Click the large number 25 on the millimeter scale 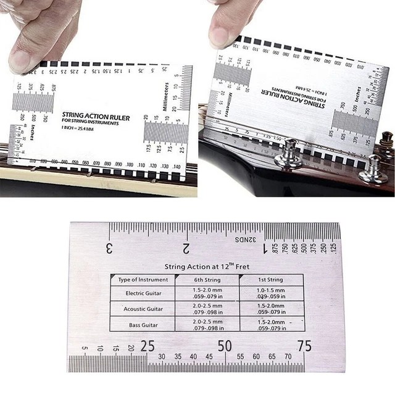[x=147, y=346]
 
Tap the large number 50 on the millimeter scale [x=225, y=346]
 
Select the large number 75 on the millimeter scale [x=304, y=346]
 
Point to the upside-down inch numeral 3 [x=109, y=249]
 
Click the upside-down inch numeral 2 [x=186, y=249]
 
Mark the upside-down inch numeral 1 [x=265, y=249]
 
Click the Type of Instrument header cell [x=143, y=280]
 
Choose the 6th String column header [x=207, y=280]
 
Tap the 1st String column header [x=272, y=280]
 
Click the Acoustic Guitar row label [x=143, y=309]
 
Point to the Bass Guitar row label [x=144, y=325]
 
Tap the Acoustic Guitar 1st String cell [x=272, y=309]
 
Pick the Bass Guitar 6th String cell [x=207, y=325]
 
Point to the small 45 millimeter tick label [x=209, y=357]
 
